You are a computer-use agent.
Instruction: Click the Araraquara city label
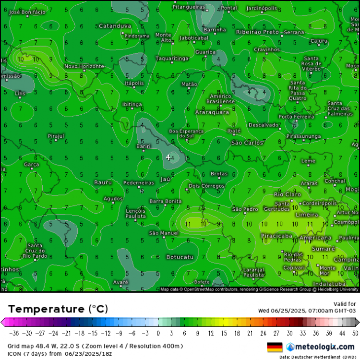[212, 112]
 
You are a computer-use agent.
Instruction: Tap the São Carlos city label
[247, 143]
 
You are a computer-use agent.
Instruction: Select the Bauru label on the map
[103, 182]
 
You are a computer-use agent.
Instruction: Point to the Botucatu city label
[180, 257]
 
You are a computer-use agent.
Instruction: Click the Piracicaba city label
[276, 236]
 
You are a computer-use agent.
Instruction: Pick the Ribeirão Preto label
[257, 32]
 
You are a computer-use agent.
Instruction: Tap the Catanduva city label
[115, 26]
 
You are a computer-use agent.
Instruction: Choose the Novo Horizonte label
[84, 66]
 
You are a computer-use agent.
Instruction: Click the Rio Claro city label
[288, 194]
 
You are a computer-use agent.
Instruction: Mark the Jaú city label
[165, 179]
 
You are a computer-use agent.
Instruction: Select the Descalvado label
[264, 125]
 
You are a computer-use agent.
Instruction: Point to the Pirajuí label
[56, 136]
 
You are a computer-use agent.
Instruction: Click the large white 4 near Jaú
[168, 157]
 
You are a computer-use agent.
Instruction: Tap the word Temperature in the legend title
[47, 309]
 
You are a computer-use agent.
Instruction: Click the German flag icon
[275, 347]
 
